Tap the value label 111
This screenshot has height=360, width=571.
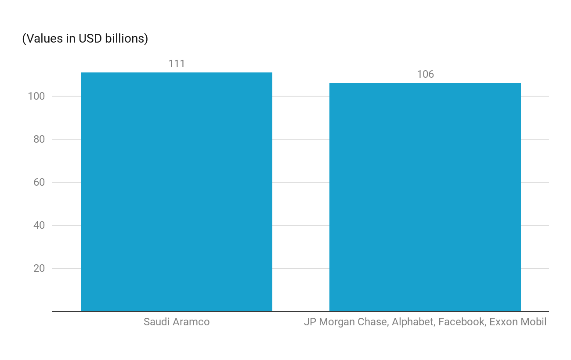click(177, 64)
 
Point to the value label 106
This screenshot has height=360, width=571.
click(425, 74)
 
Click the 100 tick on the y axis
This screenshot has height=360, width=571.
click(36, 96)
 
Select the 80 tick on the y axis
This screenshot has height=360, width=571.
click(39, 139)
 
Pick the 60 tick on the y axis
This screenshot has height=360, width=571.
click(39, 182)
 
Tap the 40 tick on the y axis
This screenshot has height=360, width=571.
click(39, 225)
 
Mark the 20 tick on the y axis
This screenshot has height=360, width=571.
click(39, 268)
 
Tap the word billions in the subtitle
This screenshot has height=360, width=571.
click(126, 39)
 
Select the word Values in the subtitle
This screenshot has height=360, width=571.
click(43, 39)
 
